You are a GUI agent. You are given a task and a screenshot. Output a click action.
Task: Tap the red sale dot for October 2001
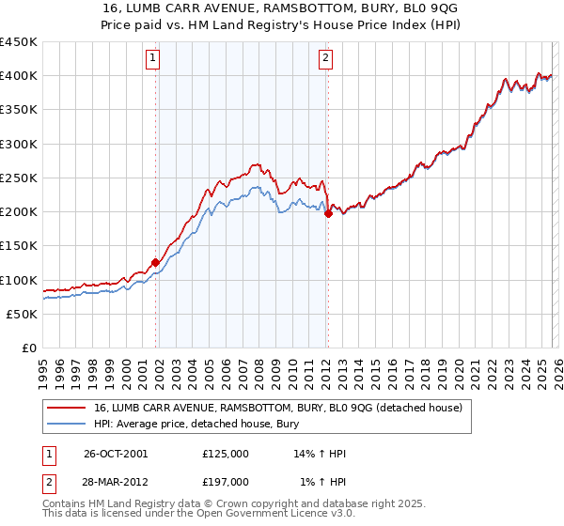tap(156, 263)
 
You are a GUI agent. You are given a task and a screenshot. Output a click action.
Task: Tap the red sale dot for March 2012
tap(328, 214)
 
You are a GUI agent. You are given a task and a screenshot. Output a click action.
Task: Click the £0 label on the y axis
tap(28, 348)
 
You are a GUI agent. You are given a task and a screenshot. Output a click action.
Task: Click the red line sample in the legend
tap(67, 409)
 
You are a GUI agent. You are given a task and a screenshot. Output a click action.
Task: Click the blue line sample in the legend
tap(67, 425)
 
